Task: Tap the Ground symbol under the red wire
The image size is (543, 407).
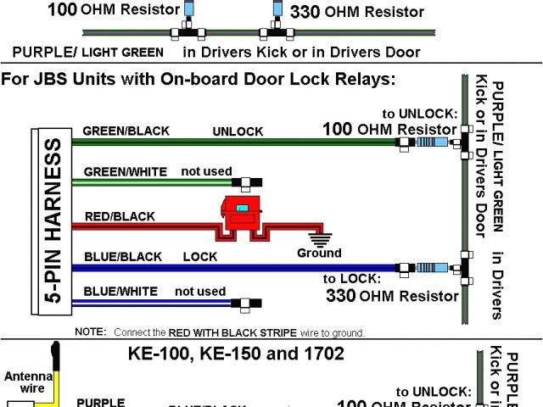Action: [320, 237]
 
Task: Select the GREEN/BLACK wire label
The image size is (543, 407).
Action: [126, 131]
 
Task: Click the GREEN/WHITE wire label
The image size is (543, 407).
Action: [125, 172]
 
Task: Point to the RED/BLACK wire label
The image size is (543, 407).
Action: [120, 216]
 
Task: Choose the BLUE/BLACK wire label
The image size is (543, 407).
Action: [122, 256]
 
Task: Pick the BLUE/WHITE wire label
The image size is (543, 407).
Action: [120, 292]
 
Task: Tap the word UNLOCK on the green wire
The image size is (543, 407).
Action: [238, 132]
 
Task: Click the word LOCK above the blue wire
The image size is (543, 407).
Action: [199, 256]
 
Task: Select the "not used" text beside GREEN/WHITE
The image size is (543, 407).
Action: [206, 171]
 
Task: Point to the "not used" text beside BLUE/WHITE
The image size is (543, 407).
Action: [200, 292]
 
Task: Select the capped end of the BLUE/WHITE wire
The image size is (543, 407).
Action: [250, 302]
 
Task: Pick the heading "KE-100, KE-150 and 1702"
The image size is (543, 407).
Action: [236, 354]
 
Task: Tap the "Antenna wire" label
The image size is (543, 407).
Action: [27, 382]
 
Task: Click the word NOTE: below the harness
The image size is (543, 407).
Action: [90, 332]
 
